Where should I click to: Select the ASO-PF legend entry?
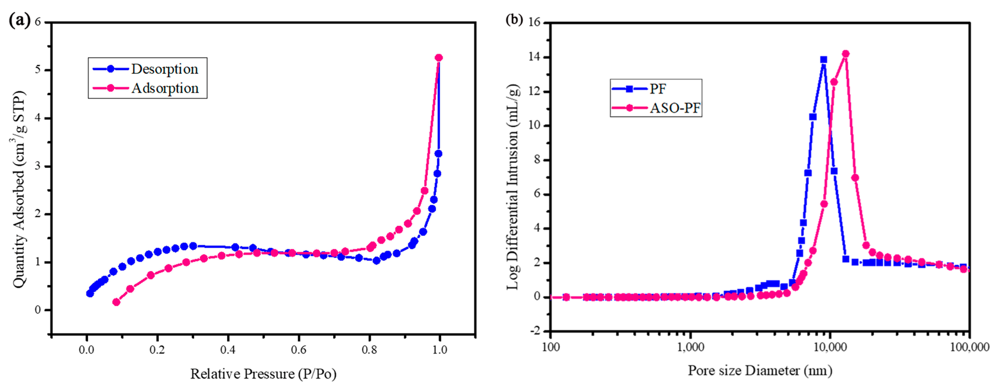point(656,108)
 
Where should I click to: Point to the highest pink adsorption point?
point(439,58)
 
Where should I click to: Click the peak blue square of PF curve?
point(824,59)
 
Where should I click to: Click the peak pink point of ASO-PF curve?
point(846,54)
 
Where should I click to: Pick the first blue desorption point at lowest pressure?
point(90,293)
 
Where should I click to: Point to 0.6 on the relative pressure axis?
point(298,350)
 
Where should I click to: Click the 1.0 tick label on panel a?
point(439,350)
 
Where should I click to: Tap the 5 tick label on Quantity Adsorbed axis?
point(38,70)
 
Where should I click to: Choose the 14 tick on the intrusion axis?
point(535,57)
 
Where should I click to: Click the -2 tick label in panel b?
point(535,331)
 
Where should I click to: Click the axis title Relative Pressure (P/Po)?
point(263,374)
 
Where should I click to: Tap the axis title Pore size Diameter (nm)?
point(760,370)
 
